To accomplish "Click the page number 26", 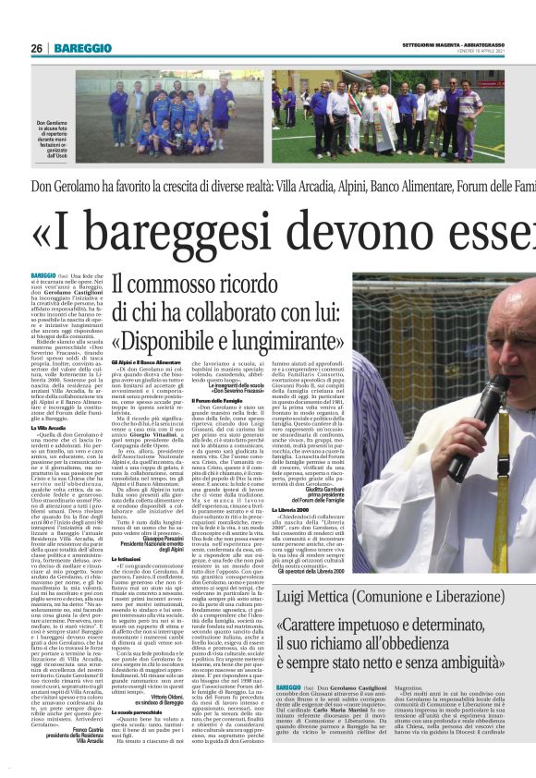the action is click(36, 48).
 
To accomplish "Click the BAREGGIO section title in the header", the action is click(82, 48).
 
